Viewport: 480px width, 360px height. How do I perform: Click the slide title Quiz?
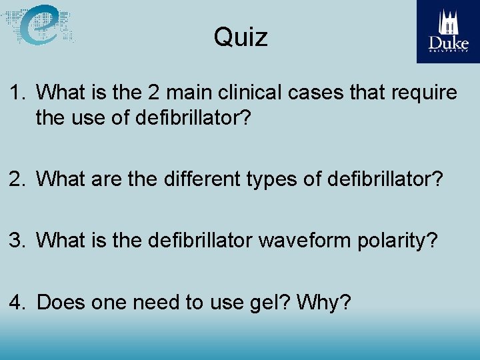pyautogui.click(x=241, y=37)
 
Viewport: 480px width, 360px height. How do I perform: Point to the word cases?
pyautogui.click(x=315, y=93)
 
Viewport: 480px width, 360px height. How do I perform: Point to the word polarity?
pyautogui.click(x=396, y=241)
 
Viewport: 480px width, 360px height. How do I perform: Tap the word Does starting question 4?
pyautogui.click(x=59, y=303)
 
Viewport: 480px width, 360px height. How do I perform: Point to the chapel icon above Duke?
pyautogui.click(x=449, y=23)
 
